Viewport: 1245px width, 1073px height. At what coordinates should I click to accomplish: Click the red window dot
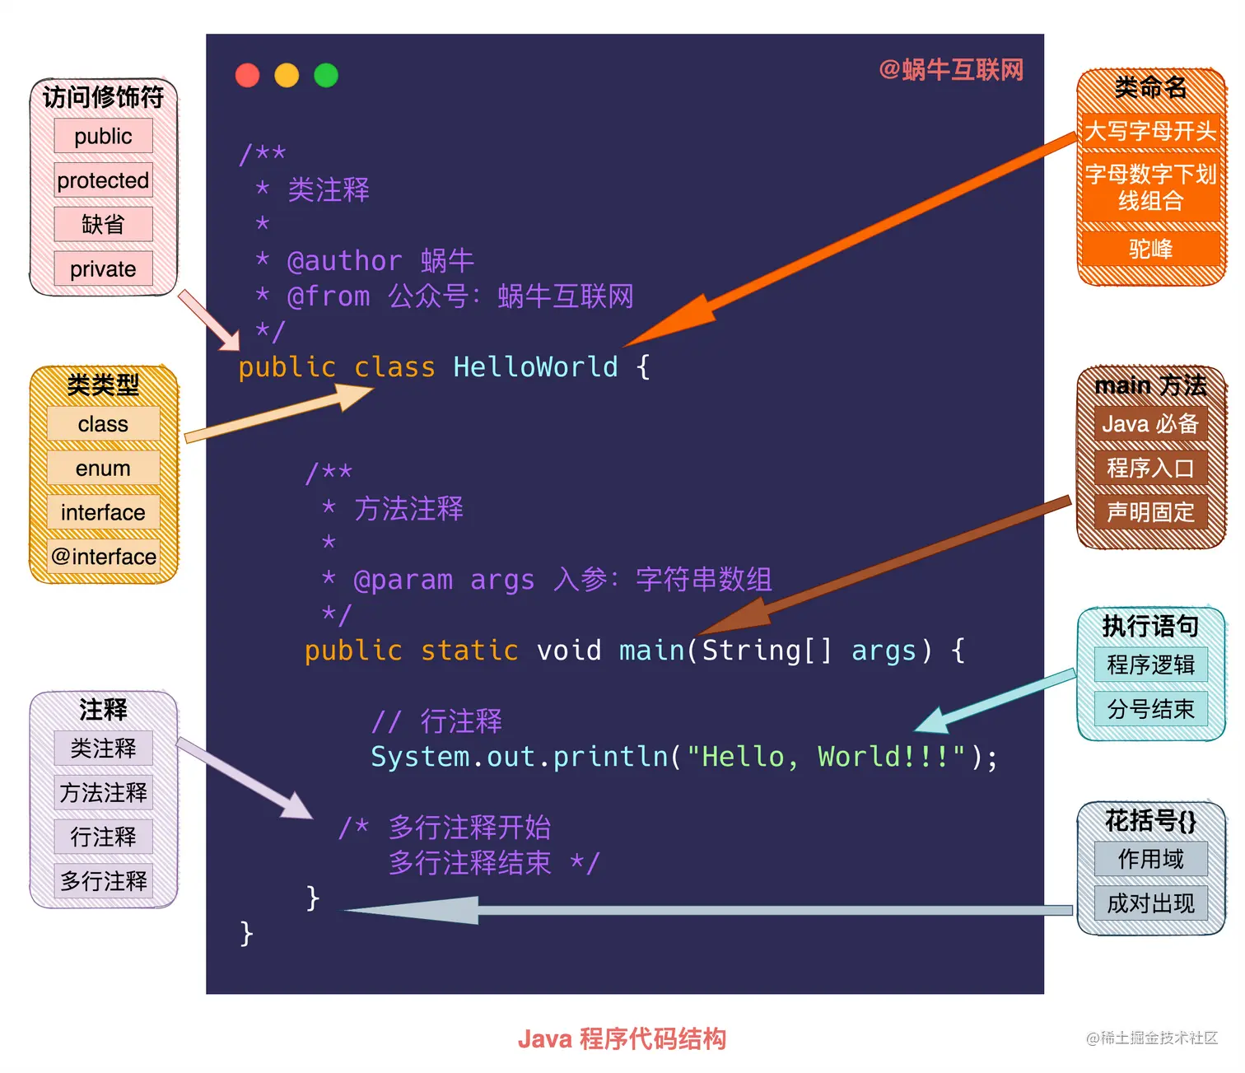pos(247,75)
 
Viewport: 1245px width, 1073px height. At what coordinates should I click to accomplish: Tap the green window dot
pos(326,75)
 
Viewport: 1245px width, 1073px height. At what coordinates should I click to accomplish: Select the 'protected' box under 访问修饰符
pos(103,180)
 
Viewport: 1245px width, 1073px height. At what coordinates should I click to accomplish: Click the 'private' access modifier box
pos(103,269)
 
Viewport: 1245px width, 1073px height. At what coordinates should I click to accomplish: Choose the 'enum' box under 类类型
pos(103,469)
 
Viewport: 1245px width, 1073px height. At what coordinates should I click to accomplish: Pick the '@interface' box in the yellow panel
pos(103,557)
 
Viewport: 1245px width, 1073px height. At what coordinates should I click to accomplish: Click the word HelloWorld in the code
pos(535,367)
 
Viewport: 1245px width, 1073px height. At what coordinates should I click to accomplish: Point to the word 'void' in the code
pos(569,651)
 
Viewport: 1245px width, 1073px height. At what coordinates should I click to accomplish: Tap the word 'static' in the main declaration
pos(469,651)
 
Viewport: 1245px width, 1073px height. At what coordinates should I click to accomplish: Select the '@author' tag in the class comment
pos(344,261)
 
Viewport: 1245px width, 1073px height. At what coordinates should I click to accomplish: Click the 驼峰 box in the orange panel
pos(1150,249)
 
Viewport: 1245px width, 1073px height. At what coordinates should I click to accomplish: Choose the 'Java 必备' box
pos(1150,424)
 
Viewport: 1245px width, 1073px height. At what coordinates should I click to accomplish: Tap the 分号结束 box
pos(1150,709)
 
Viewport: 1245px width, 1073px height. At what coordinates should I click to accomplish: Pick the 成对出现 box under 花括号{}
pos(1150,903)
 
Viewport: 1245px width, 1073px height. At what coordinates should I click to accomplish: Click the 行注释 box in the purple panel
pos(103,837)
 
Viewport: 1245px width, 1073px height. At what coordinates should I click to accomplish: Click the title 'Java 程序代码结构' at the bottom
pos(622,1039)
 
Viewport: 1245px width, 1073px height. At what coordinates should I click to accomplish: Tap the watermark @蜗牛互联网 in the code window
pos(951,70)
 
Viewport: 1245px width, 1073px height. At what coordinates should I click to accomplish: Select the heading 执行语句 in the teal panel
pos(1150,627)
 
